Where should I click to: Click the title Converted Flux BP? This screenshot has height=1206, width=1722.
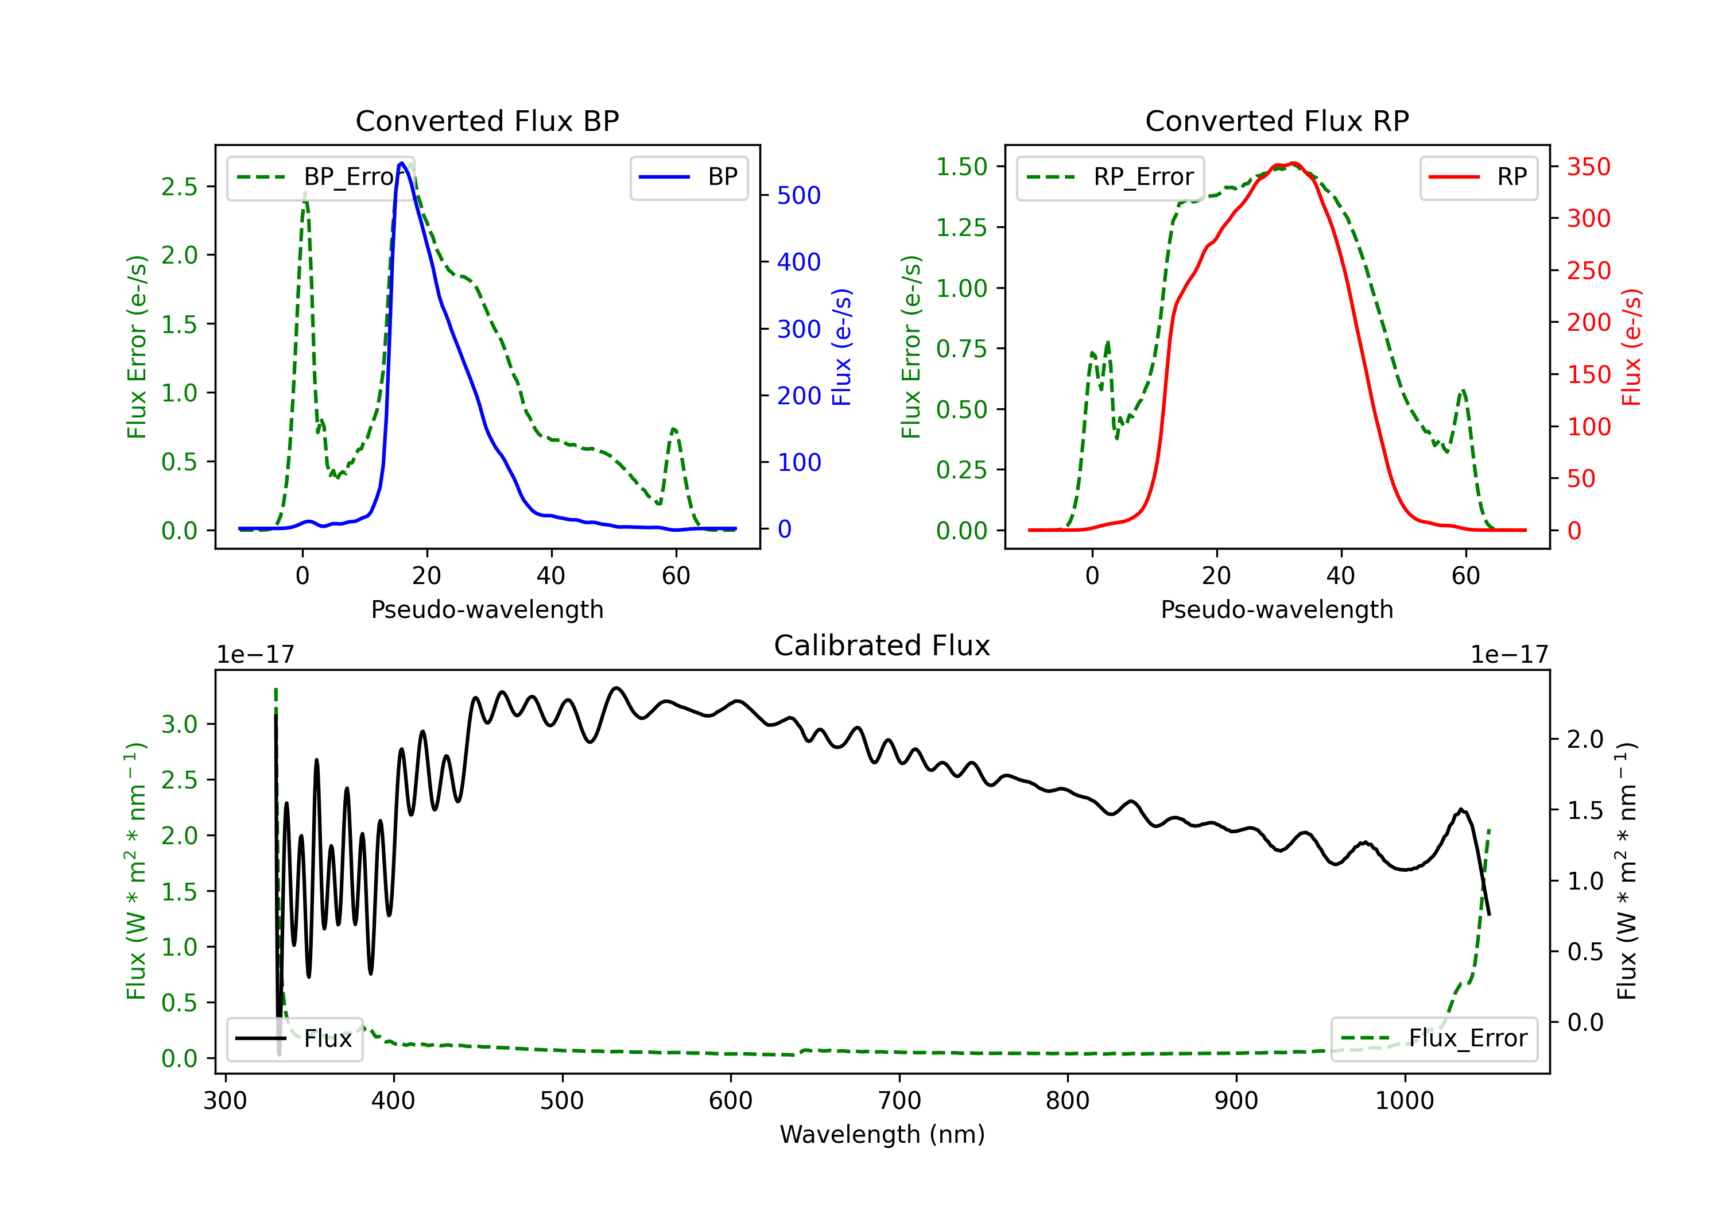[487, 121]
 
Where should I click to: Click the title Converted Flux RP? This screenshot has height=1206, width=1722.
[1277, 121]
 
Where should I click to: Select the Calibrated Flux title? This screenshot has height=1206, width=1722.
[882, 645]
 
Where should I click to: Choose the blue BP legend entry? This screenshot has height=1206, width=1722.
[688, 177]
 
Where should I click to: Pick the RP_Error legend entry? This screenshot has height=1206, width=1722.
[1110, 177]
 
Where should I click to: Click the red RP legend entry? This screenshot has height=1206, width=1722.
[1478, 177]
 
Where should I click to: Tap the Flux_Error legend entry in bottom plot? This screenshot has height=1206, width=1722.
[1434, 1039]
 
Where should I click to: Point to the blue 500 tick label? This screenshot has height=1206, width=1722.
[799, 195]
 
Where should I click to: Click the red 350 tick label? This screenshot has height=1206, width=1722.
[1588, 167]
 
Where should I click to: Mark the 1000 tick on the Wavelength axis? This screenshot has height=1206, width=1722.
[1405, 1101]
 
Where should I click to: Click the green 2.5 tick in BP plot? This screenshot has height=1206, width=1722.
[179, 186]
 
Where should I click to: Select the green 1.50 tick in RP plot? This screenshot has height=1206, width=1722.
[961, 167]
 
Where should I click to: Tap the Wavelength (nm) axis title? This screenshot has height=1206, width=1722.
[882, 1134]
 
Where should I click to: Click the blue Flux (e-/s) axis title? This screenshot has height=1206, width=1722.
[842, 347]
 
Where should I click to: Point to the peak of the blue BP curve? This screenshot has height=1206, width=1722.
[402, 163]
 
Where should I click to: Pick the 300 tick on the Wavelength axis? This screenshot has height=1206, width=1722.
[226, 1101]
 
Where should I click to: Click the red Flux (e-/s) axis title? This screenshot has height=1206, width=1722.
[1632, 347]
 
